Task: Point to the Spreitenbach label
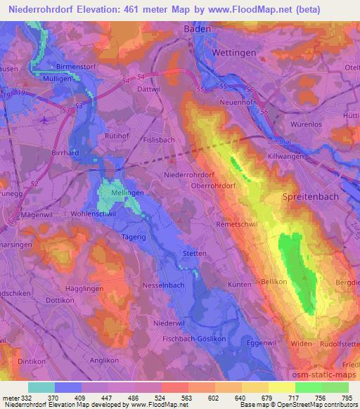pos(310,197)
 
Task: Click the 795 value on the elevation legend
pos(346,397)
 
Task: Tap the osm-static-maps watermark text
pos(330,371)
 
